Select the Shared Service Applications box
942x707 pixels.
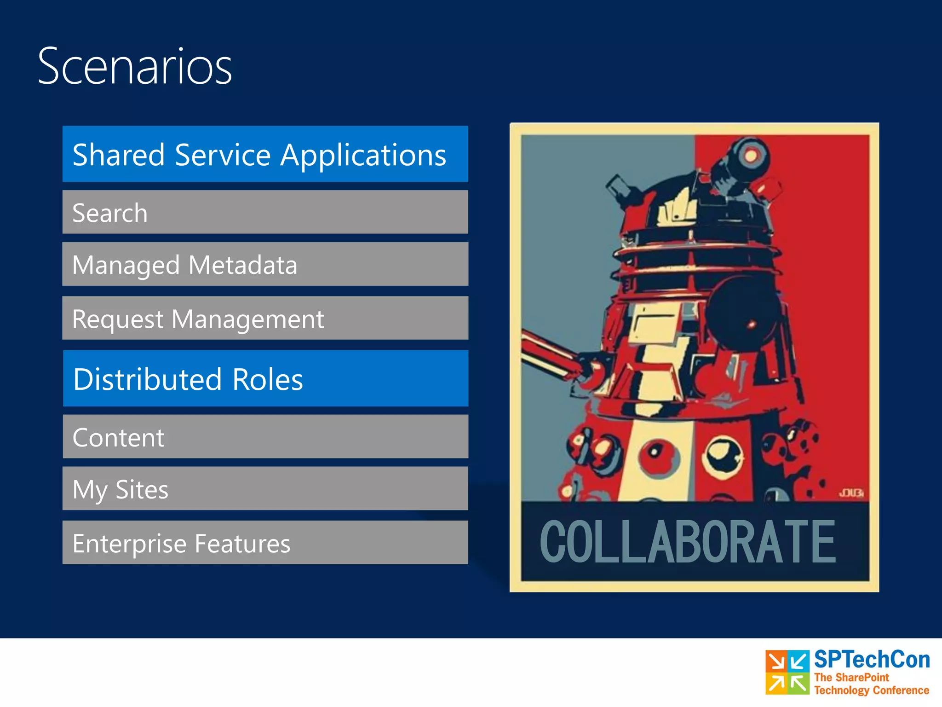265,154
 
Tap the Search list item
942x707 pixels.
265,212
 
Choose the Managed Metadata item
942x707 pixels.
265,264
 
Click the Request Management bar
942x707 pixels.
265,318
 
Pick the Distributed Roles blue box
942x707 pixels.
265,378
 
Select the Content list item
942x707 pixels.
265,436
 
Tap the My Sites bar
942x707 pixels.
265,488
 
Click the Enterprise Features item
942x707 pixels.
265,543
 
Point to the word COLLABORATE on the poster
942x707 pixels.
687,542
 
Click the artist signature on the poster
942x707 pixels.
851,493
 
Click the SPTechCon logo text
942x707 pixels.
872,659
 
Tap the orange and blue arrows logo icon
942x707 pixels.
787,672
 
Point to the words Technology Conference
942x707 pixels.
871,690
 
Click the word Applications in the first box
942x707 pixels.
363,156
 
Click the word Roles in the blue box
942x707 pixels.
268,380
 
